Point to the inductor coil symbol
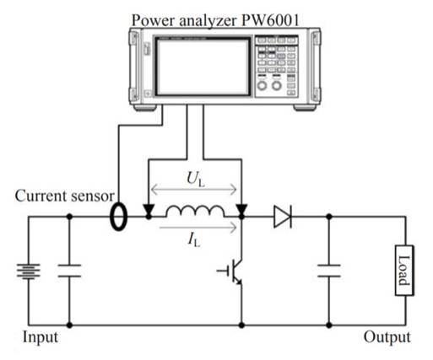pos(195,212)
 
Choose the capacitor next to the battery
pos(68,273)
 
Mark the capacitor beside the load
pos(328,273)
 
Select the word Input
pos(41,338)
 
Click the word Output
pos(387,338)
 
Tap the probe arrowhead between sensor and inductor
pos(149,212)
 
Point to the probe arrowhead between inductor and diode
pos(242,212)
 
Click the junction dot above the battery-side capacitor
pos(68,217)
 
